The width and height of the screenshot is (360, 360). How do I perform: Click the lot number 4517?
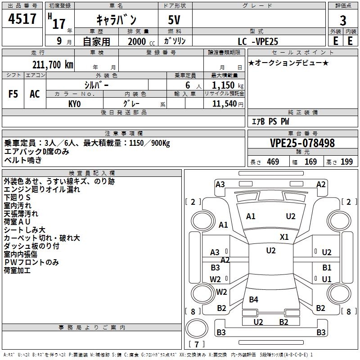pyautogui.click(x=22, y=19)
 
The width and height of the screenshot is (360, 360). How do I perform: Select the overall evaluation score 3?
pyautogui.click(x=343, y=21)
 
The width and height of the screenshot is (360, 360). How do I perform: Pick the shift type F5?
pyautogui.click(x=13, y=94)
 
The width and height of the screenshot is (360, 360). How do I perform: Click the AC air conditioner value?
pyautogui.click(x=35, y=94)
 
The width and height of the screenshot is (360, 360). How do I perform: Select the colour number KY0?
pyautogui.click(x=75, y=103)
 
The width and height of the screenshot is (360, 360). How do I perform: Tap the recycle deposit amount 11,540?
pyautogui.click(x=224, y=103)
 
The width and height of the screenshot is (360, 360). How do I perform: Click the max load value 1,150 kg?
pyautogui.click(x=224, y=85)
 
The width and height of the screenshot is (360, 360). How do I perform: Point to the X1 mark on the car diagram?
pyautogui.click(x=284, y=237)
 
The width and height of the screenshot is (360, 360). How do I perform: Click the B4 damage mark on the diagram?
pyautogui.click(x=254, y=300)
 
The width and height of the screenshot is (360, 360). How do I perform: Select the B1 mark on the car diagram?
pyautogui.click(x=327, y=268)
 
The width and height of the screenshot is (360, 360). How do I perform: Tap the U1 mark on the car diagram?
pyautogui.click(x=327, y=279)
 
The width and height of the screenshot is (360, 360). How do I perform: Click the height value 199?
pyautogui.click(x=347, y=162)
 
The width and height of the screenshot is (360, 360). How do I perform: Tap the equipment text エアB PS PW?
pyautogui.click(x=270, y=121)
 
